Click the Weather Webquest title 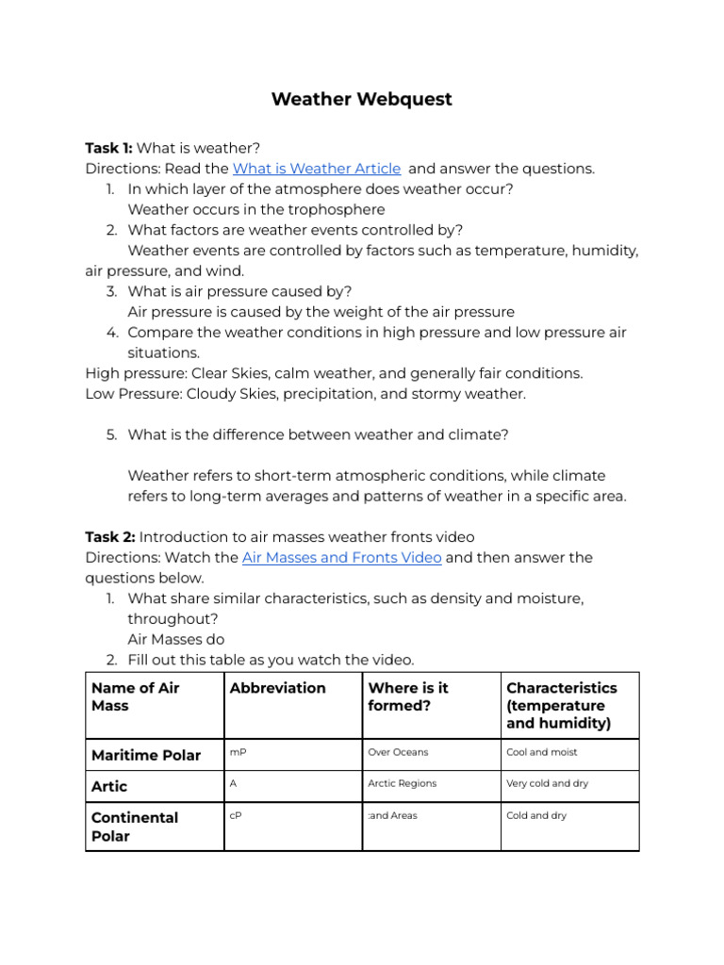[361, 100]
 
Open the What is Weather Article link [316, 169]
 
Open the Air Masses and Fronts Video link [341, 557]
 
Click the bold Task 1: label [109, 148]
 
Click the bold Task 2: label [109, 537]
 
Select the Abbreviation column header [277, 688]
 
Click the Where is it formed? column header [408, 696]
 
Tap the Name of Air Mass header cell [135, 696]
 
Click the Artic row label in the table [109, 786]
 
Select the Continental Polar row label [135, 826]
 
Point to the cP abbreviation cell [236, 815]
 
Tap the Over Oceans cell [398, 752]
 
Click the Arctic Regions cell [403, 783]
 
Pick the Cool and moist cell [542, 752]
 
